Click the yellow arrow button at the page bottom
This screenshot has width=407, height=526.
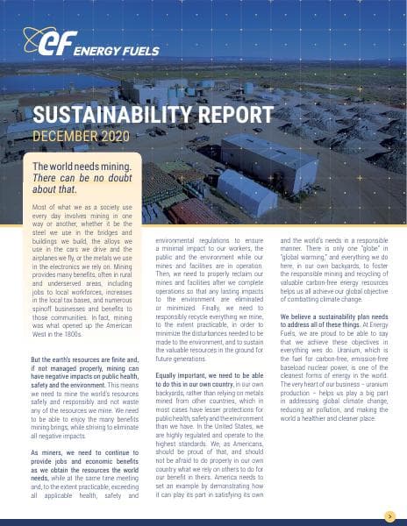coord(389,515)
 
